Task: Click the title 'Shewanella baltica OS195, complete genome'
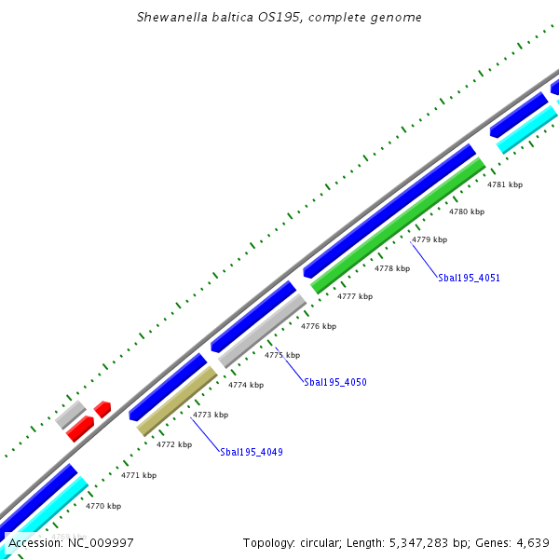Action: coord(279,18)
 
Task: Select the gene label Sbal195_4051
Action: coord(469,278)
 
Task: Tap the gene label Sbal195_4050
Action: coord(335,382)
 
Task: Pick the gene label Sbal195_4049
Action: coord(252,452)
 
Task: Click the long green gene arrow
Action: coord(399,225)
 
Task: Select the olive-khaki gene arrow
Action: coord(177,401)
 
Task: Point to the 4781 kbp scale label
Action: coord(505,184)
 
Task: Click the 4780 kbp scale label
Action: coord(467,212)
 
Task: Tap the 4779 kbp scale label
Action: coord(429,239)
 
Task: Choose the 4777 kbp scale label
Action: coord(355,296)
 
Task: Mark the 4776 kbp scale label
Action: coord(319,326)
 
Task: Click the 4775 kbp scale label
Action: coord(282,355)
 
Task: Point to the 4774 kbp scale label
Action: coord(246,385)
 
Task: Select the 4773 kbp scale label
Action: coord(211,415)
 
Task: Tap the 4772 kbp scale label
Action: coord(174,444)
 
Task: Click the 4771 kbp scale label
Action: coord(139,475)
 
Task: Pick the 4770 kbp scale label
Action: coord(103,506)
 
